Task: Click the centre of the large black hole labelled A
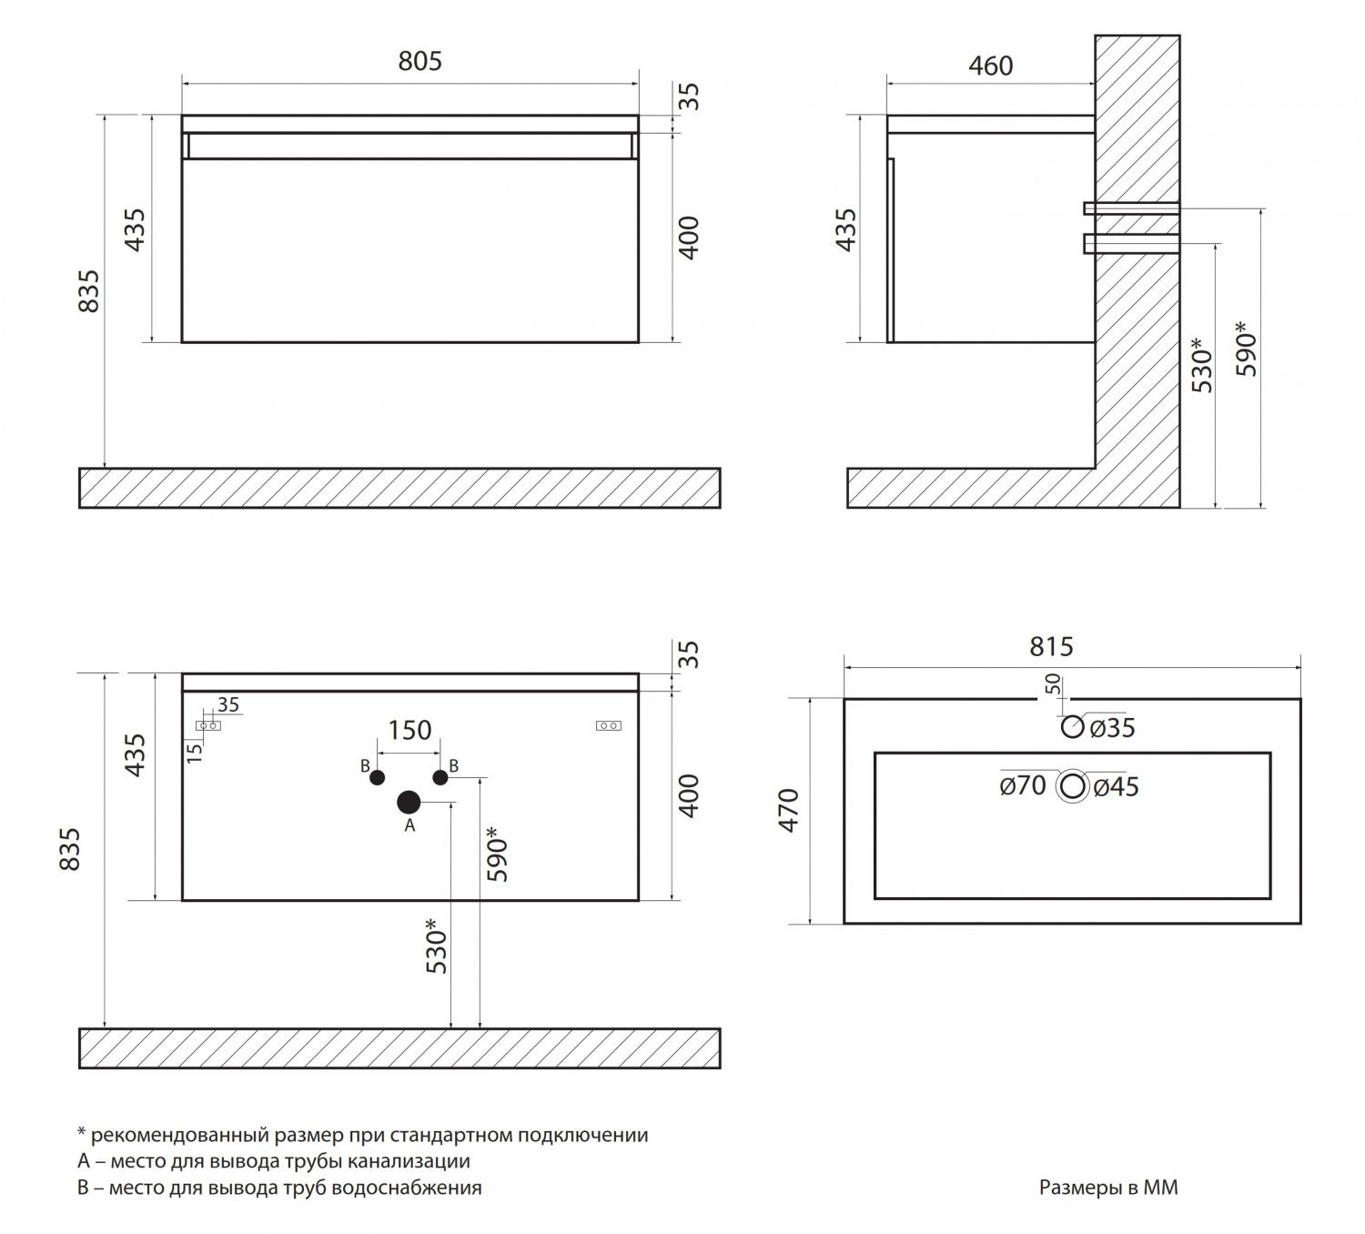tap(409, 803)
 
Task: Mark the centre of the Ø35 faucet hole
tap(1073, 727)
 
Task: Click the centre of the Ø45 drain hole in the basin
tap(1073, 786)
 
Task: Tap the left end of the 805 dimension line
tap(182, 85)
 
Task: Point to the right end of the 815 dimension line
tap(1301, 669)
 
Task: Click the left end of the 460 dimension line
tap(887, 85)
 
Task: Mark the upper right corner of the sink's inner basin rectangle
tap(1270, 753)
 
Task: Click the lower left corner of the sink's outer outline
tap(844, 924)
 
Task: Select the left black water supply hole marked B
tap(377, 777)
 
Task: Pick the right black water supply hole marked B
tap(440, 777)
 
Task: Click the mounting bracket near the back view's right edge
tap(608, 725)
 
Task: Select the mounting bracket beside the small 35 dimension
tap(208, 725)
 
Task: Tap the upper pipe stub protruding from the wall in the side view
tap(1132, 209)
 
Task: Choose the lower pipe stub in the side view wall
tap(1132, 243)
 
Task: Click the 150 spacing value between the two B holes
tap(409, 731)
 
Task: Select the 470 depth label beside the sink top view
tap(789, 810)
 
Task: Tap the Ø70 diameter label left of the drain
tap(1023, 786)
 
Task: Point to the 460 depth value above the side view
tap(991, 66)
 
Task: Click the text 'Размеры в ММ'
tap(1108, 1188)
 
